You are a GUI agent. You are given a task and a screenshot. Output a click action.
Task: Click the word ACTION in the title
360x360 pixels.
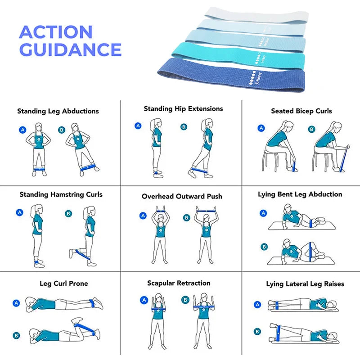(x=56, y=32)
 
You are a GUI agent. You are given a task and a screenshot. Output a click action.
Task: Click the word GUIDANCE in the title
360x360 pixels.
(x=71, y=49)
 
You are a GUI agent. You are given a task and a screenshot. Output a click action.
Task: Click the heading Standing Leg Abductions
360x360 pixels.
(x=58, y=111)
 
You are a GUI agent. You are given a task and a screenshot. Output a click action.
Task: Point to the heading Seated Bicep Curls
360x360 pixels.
(x=301, y=111)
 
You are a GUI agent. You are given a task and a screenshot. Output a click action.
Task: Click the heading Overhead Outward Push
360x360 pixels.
(x=182, y=197)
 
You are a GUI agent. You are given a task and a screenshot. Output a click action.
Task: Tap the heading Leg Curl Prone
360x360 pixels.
(x=64, y=283)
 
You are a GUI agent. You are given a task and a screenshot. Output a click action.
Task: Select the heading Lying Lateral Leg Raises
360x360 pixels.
(x=305, y=284)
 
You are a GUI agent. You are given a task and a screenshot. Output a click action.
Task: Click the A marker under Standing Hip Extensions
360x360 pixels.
(x=138, y=126)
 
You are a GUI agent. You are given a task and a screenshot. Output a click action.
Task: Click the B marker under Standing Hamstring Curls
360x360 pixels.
(x=68, y=214)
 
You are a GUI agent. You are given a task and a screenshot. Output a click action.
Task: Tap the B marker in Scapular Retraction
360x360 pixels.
(x=185, y=299)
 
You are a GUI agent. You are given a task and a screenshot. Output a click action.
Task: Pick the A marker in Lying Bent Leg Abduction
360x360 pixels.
(x=263, y=213)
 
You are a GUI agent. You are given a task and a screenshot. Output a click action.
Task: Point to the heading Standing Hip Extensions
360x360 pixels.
(x=183, y=109)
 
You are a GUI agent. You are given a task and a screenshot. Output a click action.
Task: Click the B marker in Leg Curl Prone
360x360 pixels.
(x=16, y=335)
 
